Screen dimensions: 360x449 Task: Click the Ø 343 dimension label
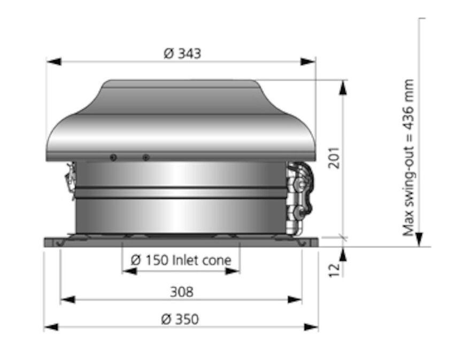click(x=182, y=53)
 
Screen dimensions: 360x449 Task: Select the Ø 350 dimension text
click(x=180, y=319)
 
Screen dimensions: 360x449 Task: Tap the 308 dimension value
click(x=181, y=292)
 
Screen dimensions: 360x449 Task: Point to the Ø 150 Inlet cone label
click(x=181, y=261)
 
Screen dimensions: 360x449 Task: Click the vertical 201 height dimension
click(x=334, y=157)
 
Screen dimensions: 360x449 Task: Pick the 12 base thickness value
click(x=334, y=270)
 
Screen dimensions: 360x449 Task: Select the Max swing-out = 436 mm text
click(x=409, y=158)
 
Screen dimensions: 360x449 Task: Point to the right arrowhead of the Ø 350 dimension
click(x=311, y=327)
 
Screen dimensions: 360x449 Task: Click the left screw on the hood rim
click(x=113, y=157)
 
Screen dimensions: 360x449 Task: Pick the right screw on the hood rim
click(x=146, y=157)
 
